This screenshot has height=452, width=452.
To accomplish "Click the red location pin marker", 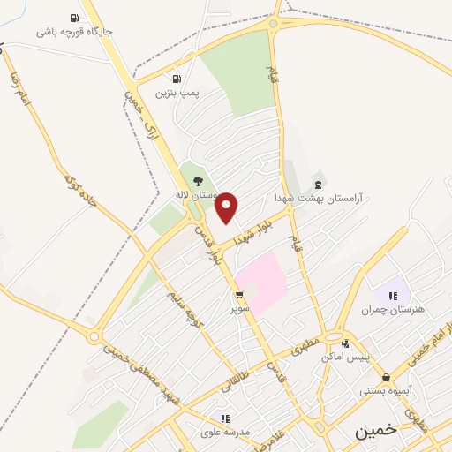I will click(x=228, y=207).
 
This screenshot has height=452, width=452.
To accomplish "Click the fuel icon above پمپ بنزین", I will click(x=177, y=78).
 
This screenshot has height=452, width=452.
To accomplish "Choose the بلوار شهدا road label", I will click(x=256, y=229).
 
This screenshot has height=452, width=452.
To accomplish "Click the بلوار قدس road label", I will click(x=210, y=245).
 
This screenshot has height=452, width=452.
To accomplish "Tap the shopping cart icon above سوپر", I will click(x=239, y=295).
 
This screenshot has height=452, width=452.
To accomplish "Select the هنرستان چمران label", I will click(x=393, y=310).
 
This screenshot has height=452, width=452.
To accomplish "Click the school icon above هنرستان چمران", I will click(x=393, y=295).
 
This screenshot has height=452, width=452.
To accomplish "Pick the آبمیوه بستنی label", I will click(x=387, y=390).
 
